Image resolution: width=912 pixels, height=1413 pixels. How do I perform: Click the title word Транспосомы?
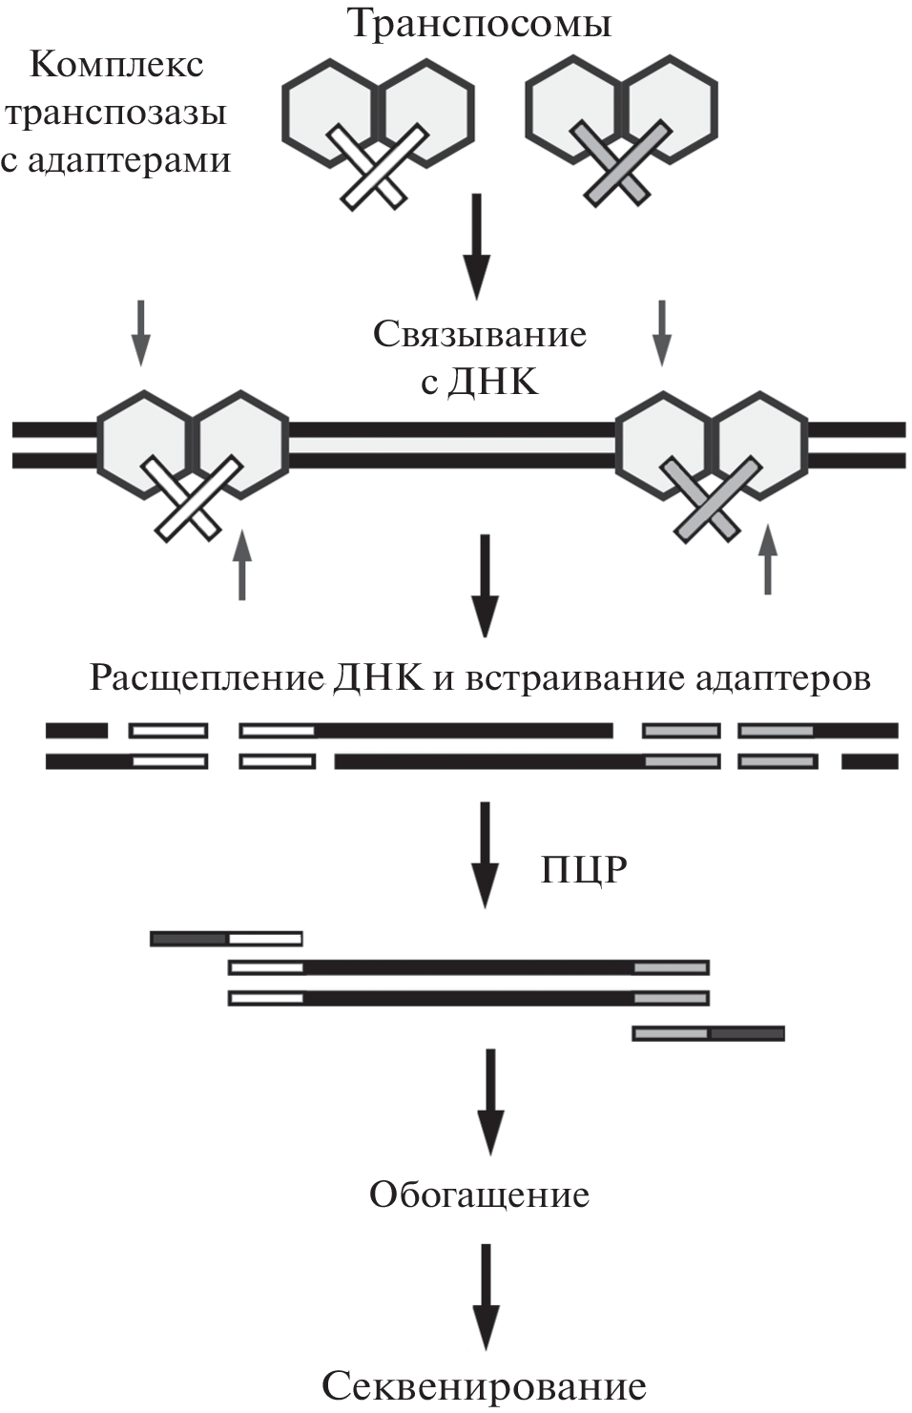tap(480, 23)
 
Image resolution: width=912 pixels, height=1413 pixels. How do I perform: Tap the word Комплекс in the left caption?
tap(116, 65)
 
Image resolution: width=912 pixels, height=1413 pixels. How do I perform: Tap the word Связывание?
tap(479, 334)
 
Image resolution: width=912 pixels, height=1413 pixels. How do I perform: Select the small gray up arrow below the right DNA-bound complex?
tap(768, 558)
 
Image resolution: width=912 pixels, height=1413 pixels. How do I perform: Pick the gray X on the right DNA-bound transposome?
tap(711, 497)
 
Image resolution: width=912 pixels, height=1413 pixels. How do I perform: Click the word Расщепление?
tap(207, 678)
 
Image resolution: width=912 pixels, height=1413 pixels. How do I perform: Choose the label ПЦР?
tap(584, 870)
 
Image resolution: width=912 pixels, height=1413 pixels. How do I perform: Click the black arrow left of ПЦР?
tap(486, 854)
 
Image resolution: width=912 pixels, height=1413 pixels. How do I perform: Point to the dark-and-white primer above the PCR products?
tap(226, 939)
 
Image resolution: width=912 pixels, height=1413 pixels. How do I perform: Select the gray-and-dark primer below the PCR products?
tap(708, 1033)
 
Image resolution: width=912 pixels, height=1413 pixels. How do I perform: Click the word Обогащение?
tap(479, 1195)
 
